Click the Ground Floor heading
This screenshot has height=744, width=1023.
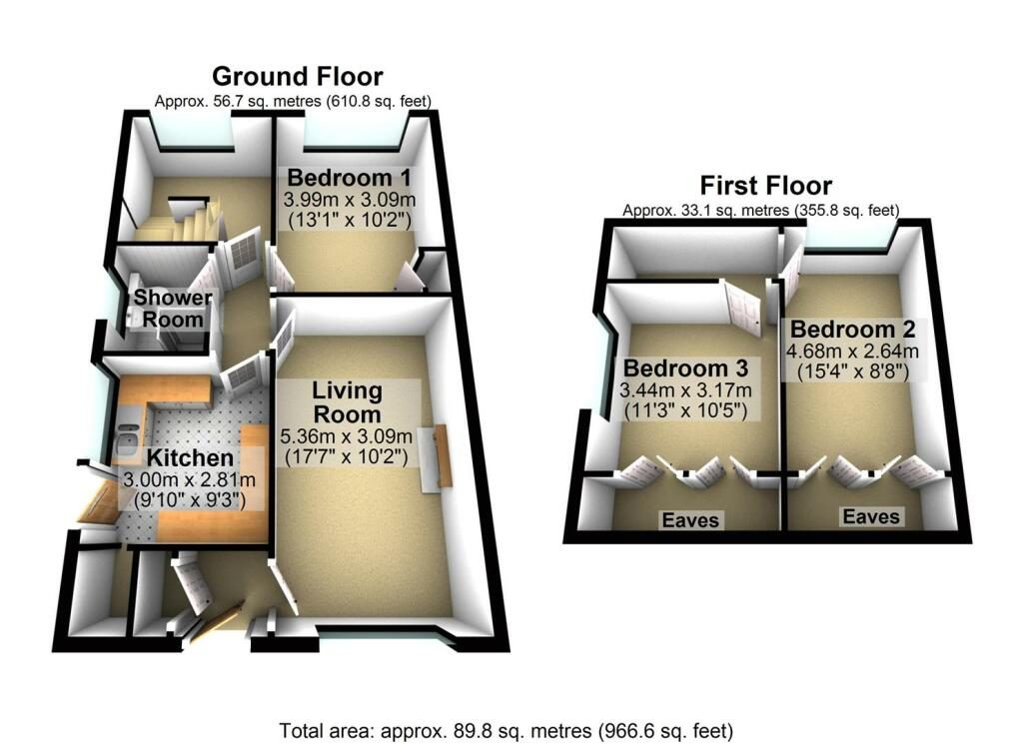coord(298,76)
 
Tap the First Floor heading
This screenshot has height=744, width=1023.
coord(766,186)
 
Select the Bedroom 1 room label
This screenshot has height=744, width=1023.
coord(349,178)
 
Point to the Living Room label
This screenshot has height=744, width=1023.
coord(347,402)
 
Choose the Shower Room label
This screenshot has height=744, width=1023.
coord(173,309)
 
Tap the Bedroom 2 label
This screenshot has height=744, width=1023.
coord(853,329)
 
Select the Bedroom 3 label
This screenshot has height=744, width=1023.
coord(685,368)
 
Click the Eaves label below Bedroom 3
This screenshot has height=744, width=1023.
coord(690,519)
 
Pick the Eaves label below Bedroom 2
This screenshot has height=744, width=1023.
coord(871,516)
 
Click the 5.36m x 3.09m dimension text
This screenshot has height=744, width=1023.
coord(346,435)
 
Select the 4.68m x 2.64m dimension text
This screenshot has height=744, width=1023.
coord(852,352)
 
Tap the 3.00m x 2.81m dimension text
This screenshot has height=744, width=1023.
coord(189,480)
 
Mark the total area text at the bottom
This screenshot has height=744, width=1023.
coord(507,730)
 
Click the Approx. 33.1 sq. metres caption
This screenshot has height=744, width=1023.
coord(760,210)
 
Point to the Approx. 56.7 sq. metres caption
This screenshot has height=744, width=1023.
coord(293,101)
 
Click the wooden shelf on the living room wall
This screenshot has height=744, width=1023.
coord(444,455)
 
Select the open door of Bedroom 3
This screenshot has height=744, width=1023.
coord(742,306)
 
